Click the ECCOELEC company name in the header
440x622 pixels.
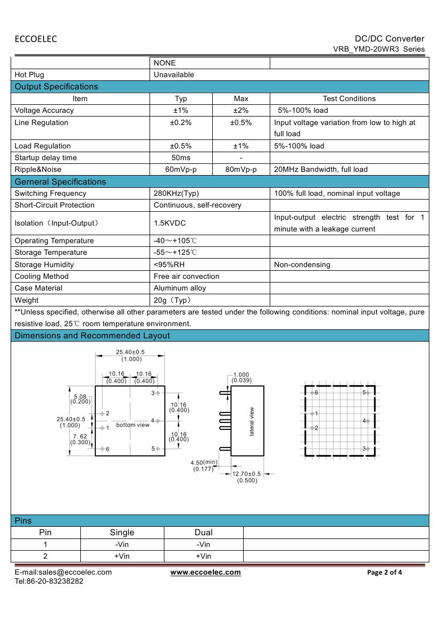point(36,39)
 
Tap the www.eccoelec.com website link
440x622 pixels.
point(205,572)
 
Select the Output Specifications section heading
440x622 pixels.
point(56,87)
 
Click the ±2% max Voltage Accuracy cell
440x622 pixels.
point(241,111)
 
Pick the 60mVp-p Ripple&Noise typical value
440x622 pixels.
point(181,170)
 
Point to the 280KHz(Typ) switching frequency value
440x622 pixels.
point(176,194)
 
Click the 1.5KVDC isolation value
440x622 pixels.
point(170,223)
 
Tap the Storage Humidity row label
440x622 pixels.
point(44,264)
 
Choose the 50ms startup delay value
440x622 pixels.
point(181,158)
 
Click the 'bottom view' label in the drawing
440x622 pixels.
point(133,425)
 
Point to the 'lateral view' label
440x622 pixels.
point(252,422)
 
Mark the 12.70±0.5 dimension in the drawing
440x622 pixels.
point(247,474)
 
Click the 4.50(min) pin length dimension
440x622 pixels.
point(204,462)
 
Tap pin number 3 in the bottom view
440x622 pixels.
point(153,393)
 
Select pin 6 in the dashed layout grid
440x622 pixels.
point(316,393)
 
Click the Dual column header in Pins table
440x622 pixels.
point(203,533)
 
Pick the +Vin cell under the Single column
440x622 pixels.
point(122,557)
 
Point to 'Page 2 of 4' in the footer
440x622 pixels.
point(385,573)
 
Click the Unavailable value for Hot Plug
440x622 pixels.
point(174,75)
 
